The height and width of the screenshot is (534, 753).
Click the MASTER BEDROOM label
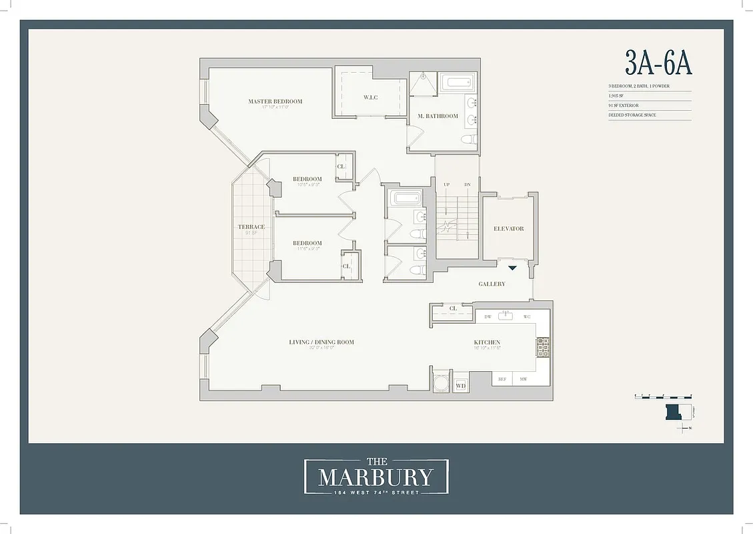point(275,101)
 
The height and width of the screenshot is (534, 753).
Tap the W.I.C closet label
point(371,97)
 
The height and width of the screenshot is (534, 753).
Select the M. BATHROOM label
point(438,116)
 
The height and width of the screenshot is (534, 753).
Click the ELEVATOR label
point(508,228)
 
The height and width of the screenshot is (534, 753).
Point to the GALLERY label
point(492,284)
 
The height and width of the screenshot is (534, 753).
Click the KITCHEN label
point(487,342)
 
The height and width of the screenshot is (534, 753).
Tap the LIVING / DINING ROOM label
point(321,342)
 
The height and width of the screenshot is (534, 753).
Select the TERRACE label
point(251,227)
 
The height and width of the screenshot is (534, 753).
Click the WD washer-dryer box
point(461,385)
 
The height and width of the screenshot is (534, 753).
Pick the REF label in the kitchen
point(502,378)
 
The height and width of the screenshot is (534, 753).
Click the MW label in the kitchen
point(524,378)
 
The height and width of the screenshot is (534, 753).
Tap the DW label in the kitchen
point(488,316)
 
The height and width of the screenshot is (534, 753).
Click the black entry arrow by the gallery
point(512,268)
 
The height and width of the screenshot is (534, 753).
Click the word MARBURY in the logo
point(375,477)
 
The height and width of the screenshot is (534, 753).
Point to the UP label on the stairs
point(446,184)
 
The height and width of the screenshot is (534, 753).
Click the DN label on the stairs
point(468,184)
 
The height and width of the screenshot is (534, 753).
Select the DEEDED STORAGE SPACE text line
point(632,115)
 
